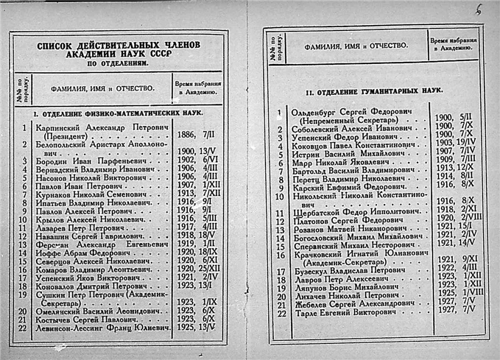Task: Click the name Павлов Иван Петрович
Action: click(75, 187)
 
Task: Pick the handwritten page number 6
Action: click(479, 10)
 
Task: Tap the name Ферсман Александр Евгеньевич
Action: click(94, 242)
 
